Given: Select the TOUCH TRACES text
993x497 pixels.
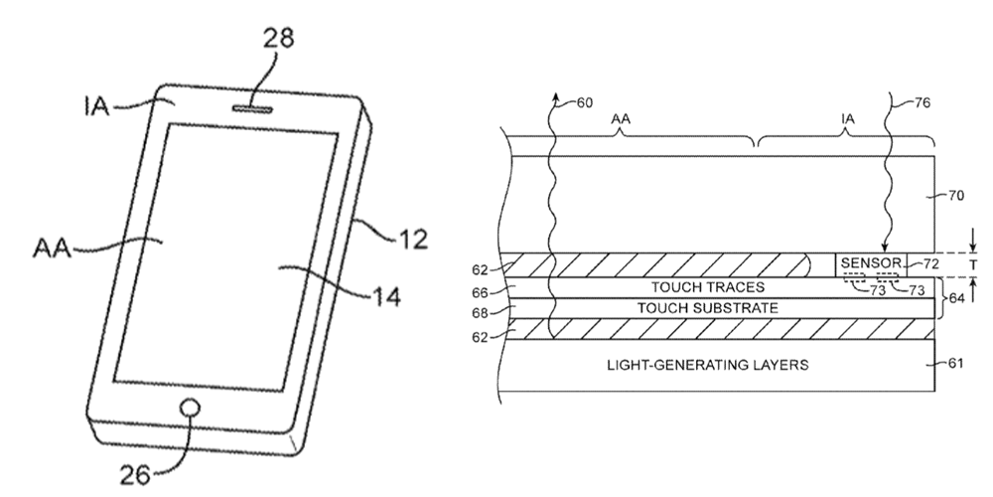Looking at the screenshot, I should click(x=692, y=286).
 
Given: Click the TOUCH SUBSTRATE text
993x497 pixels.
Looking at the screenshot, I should click(x=692, y=308).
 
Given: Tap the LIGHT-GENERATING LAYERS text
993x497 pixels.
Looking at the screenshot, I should click(x=707, y=365).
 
